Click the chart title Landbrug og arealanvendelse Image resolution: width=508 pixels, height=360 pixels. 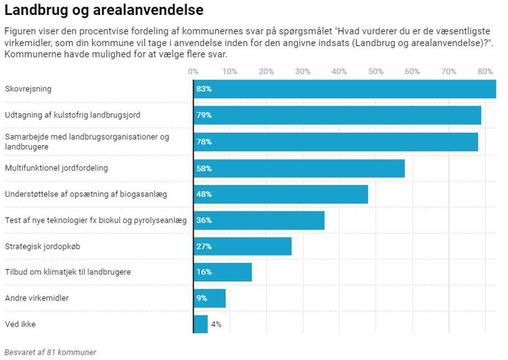(104, 11)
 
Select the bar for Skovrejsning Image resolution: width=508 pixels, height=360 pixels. (345, 89)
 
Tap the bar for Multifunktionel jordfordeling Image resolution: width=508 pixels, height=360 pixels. (299, 168)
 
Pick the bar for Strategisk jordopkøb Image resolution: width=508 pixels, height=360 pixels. (242, 246)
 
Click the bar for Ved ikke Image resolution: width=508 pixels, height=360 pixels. (200, 324)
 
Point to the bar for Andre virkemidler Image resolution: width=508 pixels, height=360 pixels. (210, 298)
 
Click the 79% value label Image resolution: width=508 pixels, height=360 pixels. (204, 115)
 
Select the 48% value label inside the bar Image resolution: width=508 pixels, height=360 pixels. (204, 194)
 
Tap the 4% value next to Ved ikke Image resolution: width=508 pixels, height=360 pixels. (216, 324)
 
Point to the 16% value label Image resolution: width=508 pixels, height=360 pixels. (204, 273)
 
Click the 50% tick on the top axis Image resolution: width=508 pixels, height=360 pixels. (375, 71)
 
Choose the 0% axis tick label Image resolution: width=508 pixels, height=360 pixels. (194, 71)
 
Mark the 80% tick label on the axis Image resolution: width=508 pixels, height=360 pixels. (484, 71)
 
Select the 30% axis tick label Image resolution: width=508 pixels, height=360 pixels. (303, 71)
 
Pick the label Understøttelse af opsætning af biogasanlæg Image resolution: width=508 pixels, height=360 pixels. (86, 194)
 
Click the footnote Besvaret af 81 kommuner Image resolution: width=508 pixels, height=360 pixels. (50, 352)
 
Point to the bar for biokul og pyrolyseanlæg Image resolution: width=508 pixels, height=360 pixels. (259, 220)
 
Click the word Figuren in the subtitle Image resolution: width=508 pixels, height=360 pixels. (20, 32)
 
